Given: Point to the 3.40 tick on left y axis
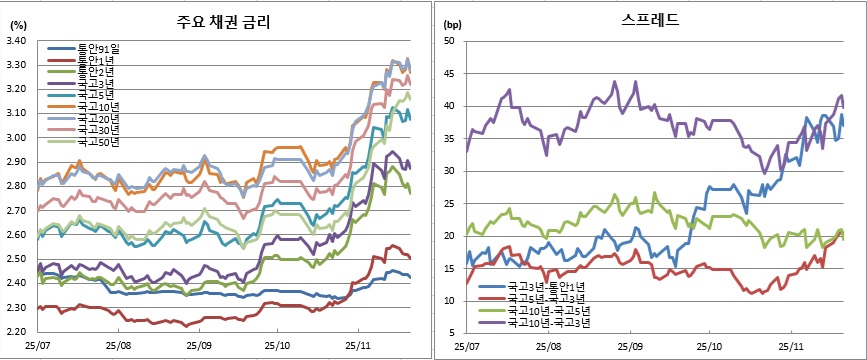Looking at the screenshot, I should point(17,41).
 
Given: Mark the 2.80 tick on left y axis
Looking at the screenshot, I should point(17,186).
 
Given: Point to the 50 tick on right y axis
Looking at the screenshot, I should point(450,41).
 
